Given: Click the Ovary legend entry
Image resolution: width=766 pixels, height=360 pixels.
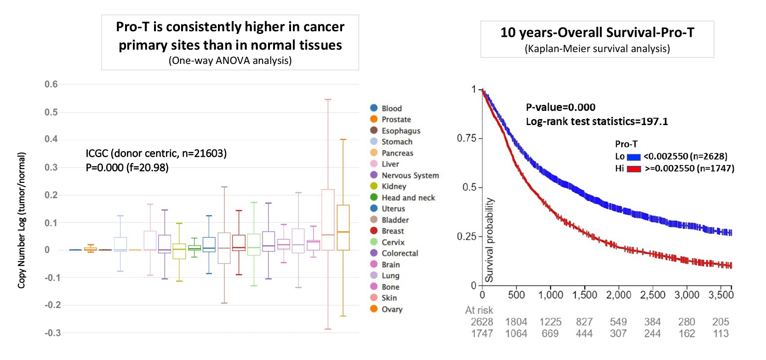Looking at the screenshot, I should (x=392, y=309).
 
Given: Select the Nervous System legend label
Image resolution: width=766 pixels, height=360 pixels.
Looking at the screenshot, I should (x=410, y=175).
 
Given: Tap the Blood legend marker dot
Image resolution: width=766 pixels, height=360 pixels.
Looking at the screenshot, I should (x=374, y=108).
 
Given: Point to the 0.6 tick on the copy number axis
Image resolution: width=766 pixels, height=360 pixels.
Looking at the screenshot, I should (x=51, y=84).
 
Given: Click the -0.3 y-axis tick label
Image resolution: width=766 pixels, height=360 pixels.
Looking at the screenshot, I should (x=52, y=333).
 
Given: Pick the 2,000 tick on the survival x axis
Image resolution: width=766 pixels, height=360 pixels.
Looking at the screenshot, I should (x=618, y=295).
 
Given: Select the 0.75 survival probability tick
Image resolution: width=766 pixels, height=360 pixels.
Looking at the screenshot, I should (x=466, y=138).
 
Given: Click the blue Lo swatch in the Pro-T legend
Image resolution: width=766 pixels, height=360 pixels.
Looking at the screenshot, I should (x=634, y=157).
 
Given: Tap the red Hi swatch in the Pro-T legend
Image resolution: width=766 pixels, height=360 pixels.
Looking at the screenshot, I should (x=634, y=169).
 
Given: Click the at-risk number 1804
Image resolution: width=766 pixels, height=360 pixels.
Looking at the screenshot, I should (x=516, y=322).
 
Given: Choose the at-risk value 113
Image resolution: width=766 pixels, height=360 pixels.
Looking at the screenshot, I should (x=720, y=334).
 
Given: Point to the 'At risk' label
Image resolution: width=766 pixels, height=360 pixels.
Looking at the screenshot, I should (x=479, y=310).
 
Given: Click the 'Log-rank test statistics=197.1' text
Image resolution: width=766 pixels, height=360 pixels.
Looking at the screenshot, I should (x=597, y=121).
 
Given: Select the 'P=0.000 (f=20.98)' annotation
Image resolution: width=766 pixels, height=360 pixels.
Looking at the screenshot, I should (x=127, y=167).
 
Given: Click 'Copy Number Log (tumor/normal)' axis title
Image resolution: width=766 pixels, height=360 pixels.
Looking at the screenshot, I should (x=22, y=220).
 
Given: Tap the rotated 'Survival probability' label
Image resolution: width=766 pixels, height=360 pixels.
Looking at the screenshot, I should (x=489, y=240).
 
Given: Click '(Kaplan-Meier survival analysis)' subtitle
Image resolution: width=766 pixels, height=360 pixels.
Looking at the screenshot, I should (x=597, y=49).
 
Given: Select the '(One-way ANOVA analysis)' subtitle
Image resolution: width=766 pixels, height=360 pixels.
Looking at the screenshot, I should (x=230, y=61).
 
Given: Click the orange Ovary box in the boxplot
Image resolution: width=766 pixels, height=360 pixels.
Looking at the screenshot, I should (x=343, y=228).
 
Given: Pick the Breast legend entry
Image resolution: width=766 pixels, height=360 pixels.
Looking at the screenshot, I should (x=393, y=231).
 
